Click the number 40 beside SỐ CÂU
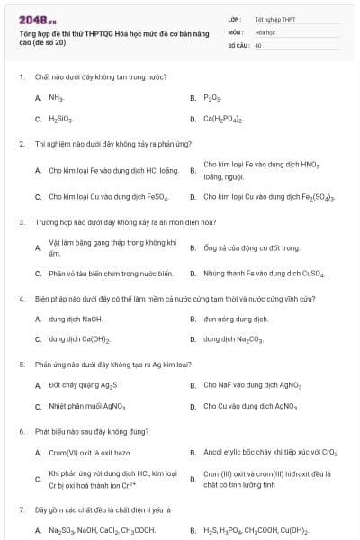[x=258, y=44]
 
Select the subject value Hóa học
[x=264, y=31]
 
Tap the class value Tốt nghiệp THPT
[x=274, y=18]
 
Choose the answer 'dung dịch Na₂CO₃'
[x=233, y=339]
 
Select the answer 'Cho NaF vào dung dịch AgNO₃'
[x=250, y=385]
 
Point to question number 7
[x=21, y=509]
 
